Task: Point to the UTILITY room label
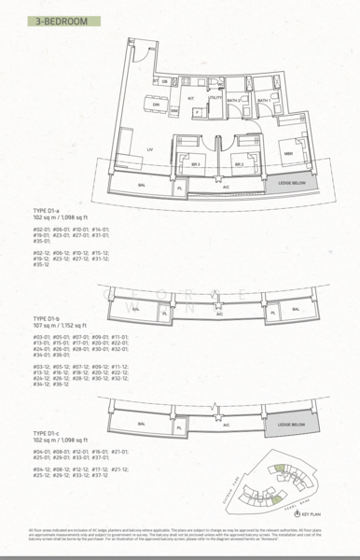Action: (x=215, y=97)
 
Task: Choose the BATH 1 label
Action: (x=263, y=99)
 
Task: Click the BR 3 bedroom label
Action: (x=196, y=164)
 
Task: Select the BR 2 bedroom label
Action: (x=239, y=164)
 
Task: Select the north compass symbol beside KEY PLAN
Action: (x=298, y=513)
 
